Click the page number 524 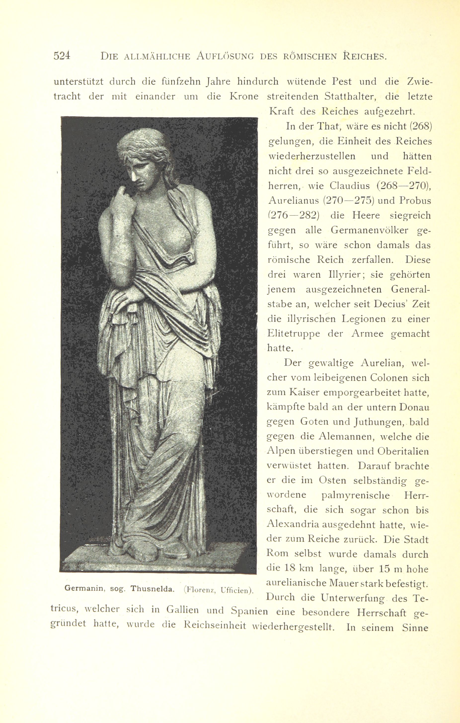pyautogui.click(x=62, y=56)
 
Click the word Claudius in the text pyautogui.click(x=349, y=186)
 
